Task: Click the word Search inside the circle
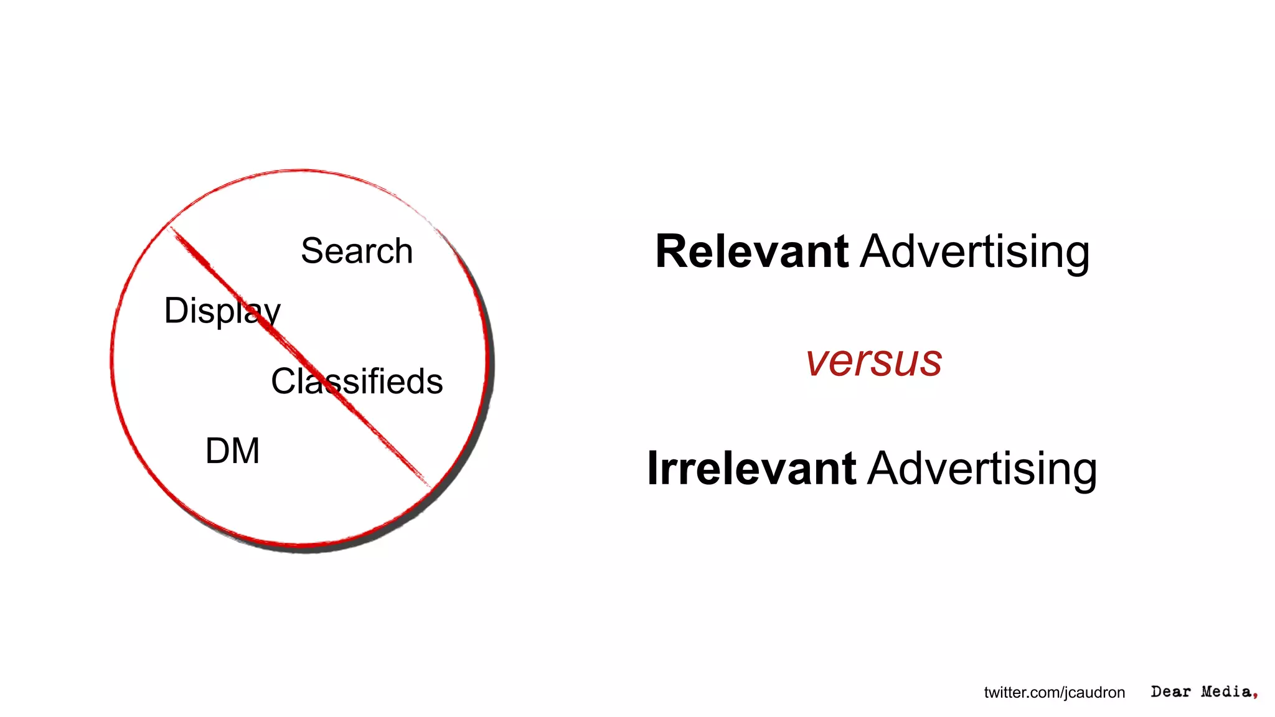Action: coord(357,251)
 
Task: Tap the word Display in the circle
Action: coord(222,311)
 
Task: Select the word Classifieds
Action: coord(357,381)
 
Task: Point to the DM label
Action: coord(232,451)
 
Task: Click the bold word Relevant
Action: coord(751,251)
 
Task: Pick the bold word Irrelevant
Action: coord(751,468)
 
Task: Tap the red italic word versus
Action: coord(873,361)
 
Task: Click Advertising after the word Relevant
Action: coord(975,252)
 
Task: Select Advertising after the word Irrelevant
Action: coord(982,469)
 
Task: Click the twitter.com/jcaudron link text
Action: coord(1054,692)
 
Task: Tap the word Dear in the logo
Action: coord(1170,691)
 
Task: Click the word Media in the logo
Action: coord(1226,691)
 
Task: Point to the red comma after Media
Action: coord(1255,695)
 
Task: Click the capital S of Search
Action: coord(313,251)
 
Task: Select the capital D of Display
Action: coord(177,310)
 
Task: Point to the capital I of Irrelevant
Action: coord(652,468)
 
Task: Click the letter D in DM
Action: coord(218,451)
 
